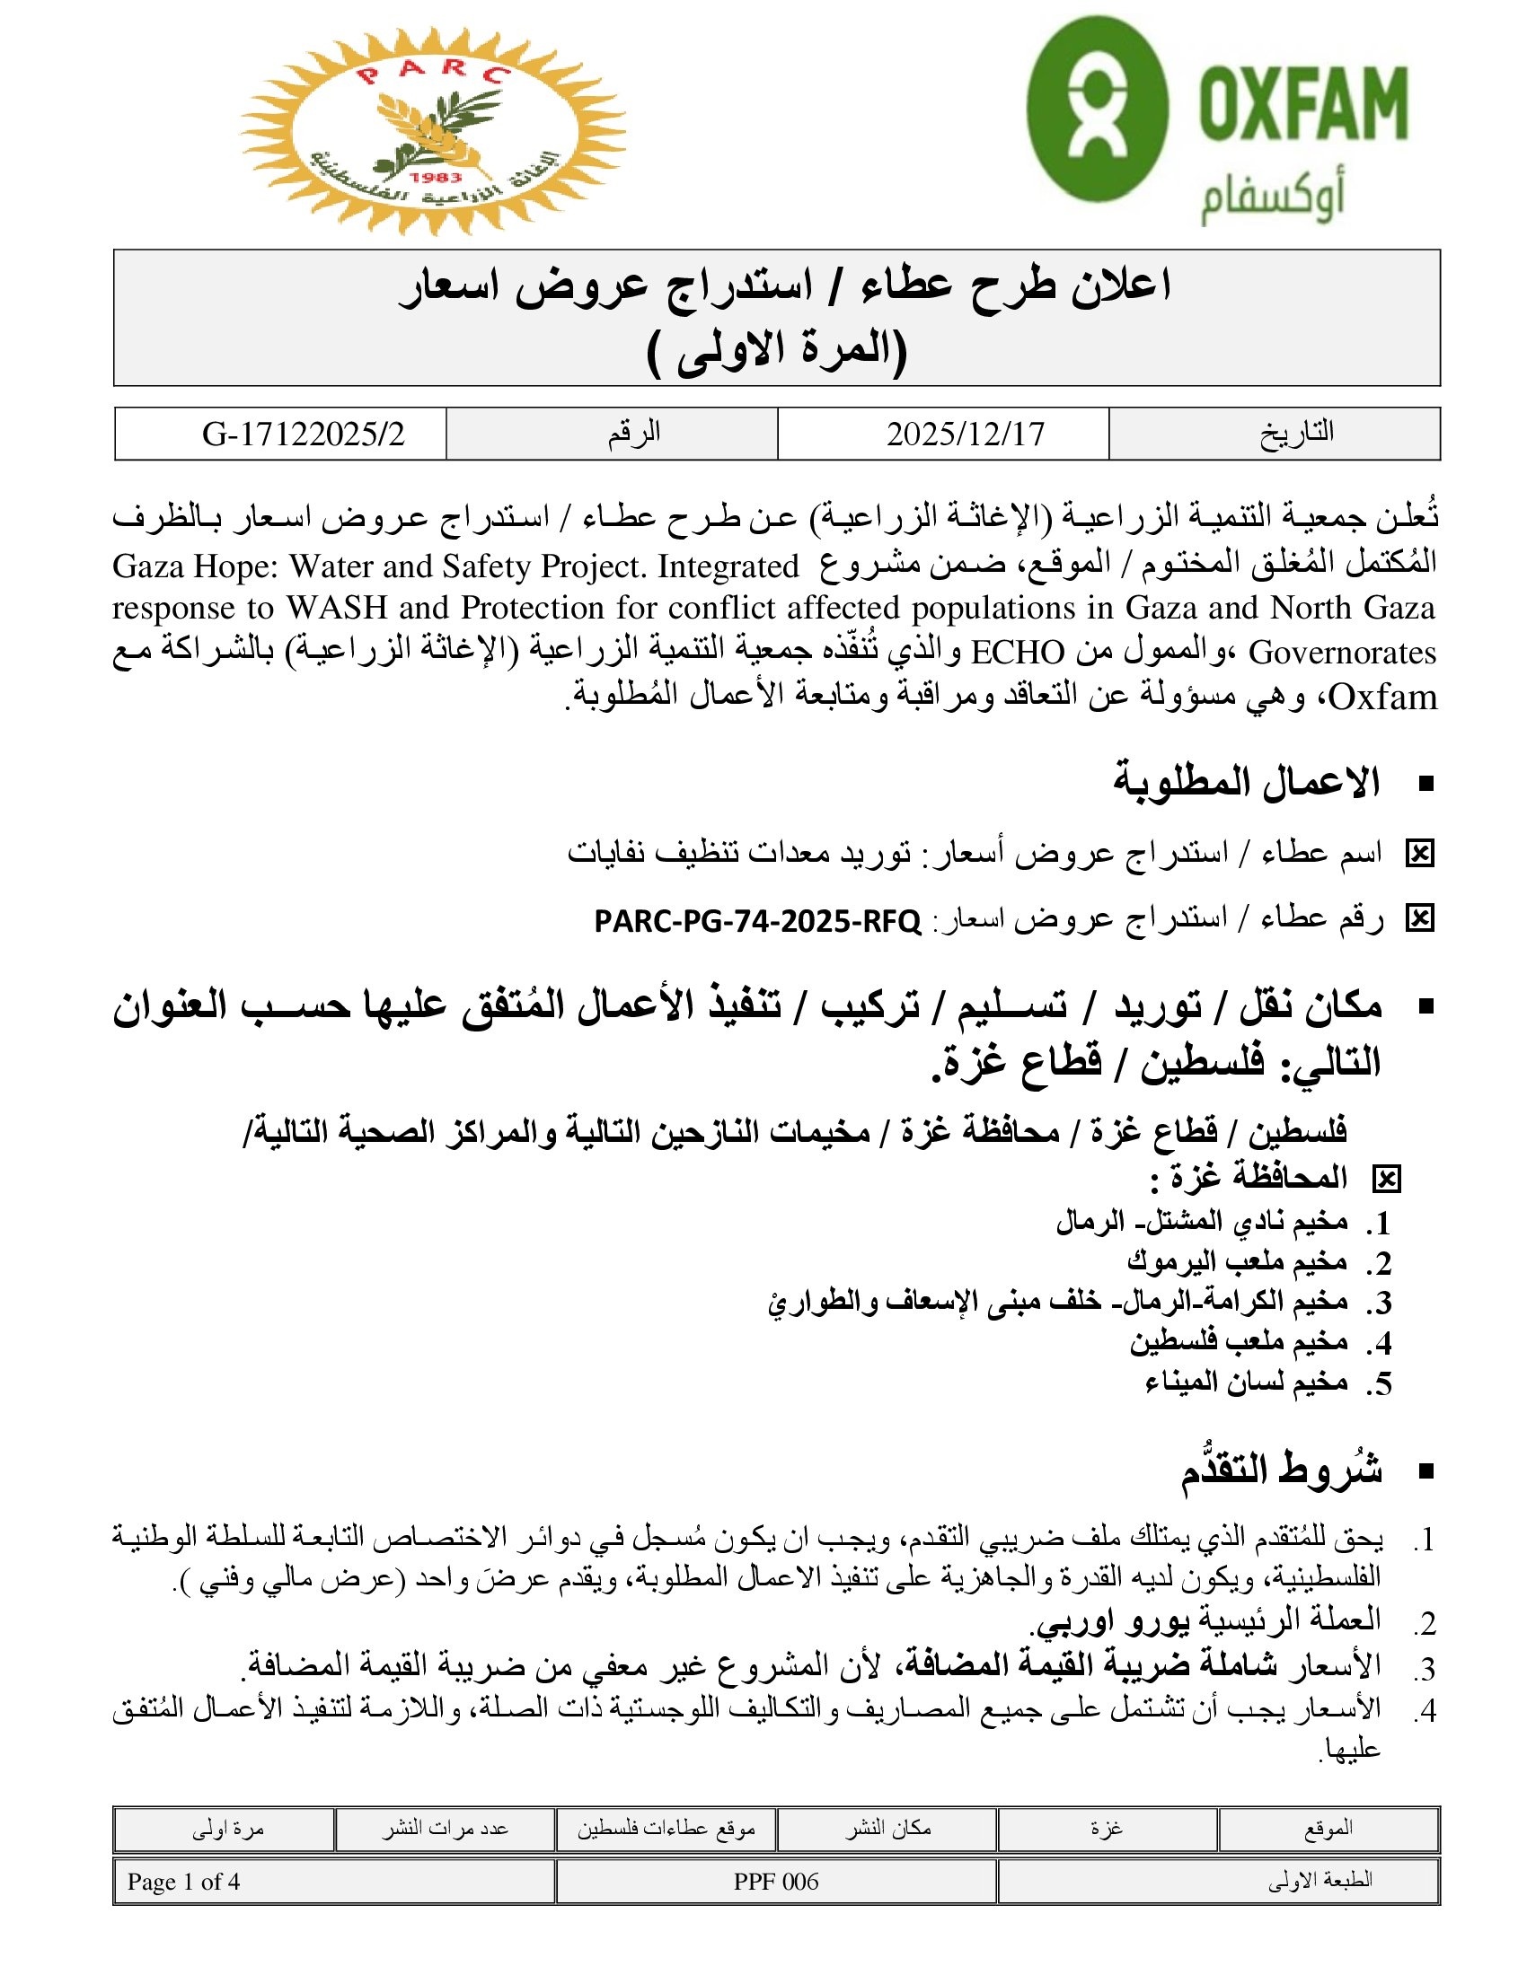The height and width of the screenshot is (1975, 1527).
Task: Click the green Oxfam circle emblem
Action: pyautogui.click(x=1098, y=109)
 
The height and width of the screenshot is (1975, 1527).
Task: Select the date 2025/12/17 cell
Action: pyautogui.click(x=966, y=434)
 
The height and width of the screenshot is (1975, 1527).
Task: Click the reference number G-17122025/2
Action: pyautogui.click(x=303, y=434)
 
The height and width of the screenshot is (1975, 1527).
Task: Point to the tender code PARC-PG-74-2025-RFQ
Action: pyautogui.click(x=757, y=921)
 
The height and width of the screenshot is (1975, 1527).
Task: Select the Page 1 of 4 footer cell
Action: pyautogui.click(x=183, y=1882)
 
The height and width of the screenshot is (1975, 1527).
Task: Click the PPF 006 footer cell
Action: pyautogui.click(x=775, y=1882)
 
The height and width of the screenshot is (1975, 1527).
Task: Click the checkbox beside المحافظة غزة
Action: pyautogui.click(x=1386, y=1180)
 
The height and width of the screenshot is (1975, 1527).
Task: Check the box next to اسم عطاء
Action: pyautogui.click(x=1419, y=853)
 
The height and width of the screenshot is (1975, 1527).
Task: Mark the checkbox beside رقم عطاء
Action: pyautogui.click(x=1419, y=918)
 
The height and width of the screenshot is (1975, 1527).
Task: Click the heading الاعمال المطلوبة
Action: pyautogui.click(x=1246, y=782)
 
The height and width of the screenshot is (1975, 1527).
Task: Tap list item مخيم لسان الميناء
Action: pyautogui.click(x=1246, y=1382)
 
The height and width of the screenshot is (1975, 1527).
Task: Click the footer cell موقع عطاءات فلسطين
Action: pyautogui.click(x=666, y=1829)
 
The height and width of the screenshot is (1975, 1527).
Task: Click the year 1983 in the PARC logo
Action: pyautogui.click(x=435, y=177)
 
